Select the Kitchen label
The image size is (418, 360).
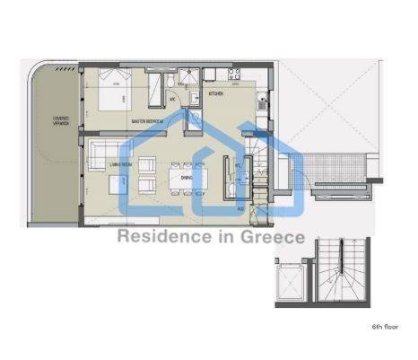click(x=216, y=93)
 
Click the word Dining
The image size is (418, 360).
click(x=187, y=178)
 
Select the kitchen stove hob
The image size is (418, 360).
click(x=234, y=75)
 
